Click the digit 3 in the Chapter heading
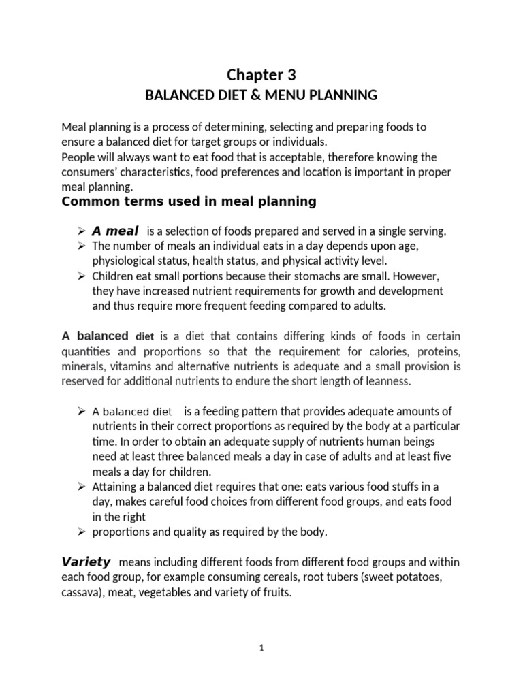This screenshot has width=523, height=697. (x=291, y=75)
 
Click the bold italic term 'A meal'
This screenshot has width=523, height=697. (x=115, y=231)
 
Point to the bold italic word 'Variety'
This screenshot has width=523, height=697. (x=86, y=562)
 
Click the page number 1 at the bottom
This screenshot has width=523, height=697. (x=261, y=649)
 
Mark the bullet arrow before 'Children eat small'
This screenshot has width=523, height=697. (x=81, y=276)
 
